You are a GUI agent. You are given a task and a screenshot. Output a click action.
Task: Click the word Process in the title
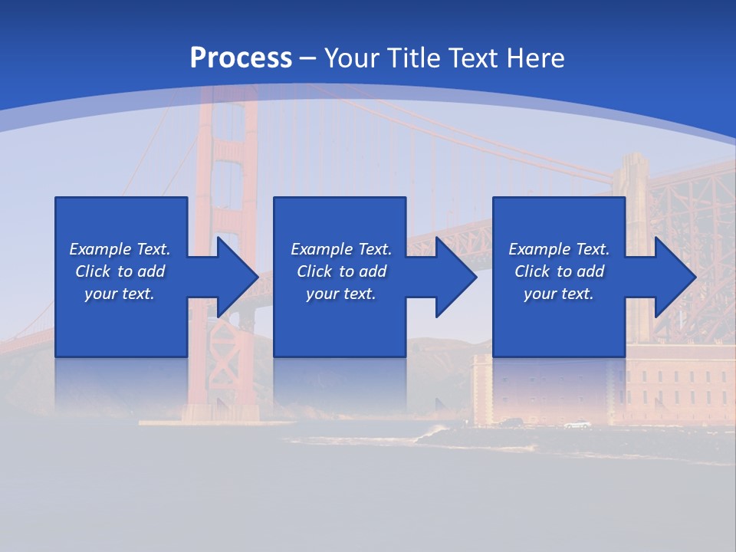[x=241, y=58]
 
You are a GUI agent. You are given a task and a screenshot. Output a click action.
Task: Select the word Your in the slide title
[x=353, y=58]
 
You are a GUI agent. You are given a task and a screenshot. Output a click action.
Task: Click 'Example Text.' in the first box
[x=120, y=249]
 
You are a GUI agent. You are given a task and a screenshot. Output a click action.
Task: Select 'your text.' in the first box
[x=120, y=294]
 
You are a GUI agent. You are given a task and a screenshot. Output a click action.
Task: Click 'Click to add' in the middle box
[x=341, y=271]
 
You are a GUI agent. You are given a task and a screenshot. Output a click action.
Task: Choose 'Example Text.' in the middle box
[x=341, y=249]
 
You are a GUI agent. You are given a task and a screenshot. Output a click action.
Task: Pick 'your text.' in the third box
[x=559, y=294]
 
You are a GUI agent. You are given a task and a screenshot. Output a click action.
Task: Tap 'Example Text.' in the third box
[x=559, y=249]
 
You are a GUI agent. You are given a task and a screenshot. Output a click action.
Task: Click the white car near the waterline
[x=577, y=425]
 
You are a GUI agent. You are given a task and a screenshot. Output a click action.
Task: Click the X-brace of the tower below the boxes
[x=228, y=338]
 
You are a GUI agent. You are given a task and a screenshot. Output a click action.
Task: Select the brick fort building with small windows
[x=675, y=383]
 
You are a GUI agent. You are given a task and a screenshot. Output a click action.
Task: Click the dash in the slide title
[x=307, y=58]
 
